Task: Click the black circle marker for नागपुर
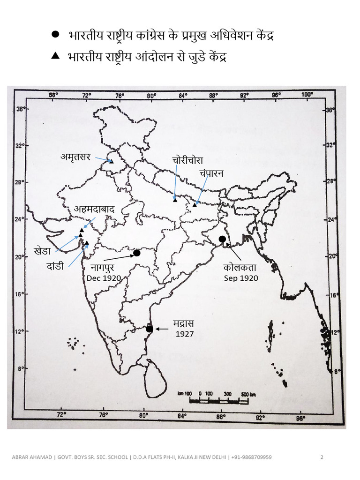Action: click(x=137, y=253)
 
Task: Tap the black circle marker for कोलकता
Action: click(x=222, y=239)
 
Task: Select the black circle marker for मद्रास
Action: click(x=149, y=329)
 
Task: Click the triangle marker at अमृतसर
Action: click(x=112, y=161)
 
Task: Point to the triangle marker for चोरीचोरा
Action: click(x=175, y=200)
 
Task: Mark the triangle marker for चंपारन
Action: click(x=195, y=204)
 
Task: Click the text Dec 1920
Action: click(x=104, y=278)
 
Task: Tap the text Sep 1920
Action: click(x=241, y=277)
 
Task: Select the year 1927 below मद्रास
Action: click(x=185, y=334)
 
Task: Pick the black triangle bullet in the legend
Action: click(x=55, y=56)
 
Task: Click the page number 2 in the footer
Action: click(x=322, y=457)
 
